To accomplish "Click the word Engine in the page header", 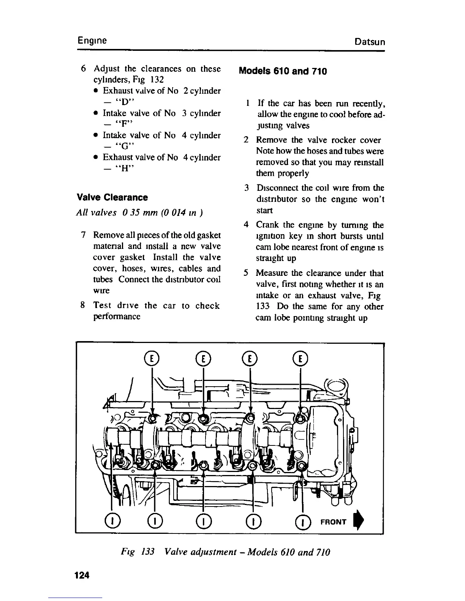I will click(92, 41).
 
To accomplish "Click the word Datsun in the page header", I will click(369, 42).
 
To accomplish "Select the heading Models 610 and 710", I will click(282, 71).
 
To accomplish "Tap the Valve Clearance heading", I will click(112, 197).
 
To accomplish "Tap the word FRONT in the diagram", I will click(334, 522).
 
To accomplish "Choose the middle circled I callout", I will click(204, 522).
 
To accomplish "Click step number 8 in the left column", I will click(82, 305).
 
